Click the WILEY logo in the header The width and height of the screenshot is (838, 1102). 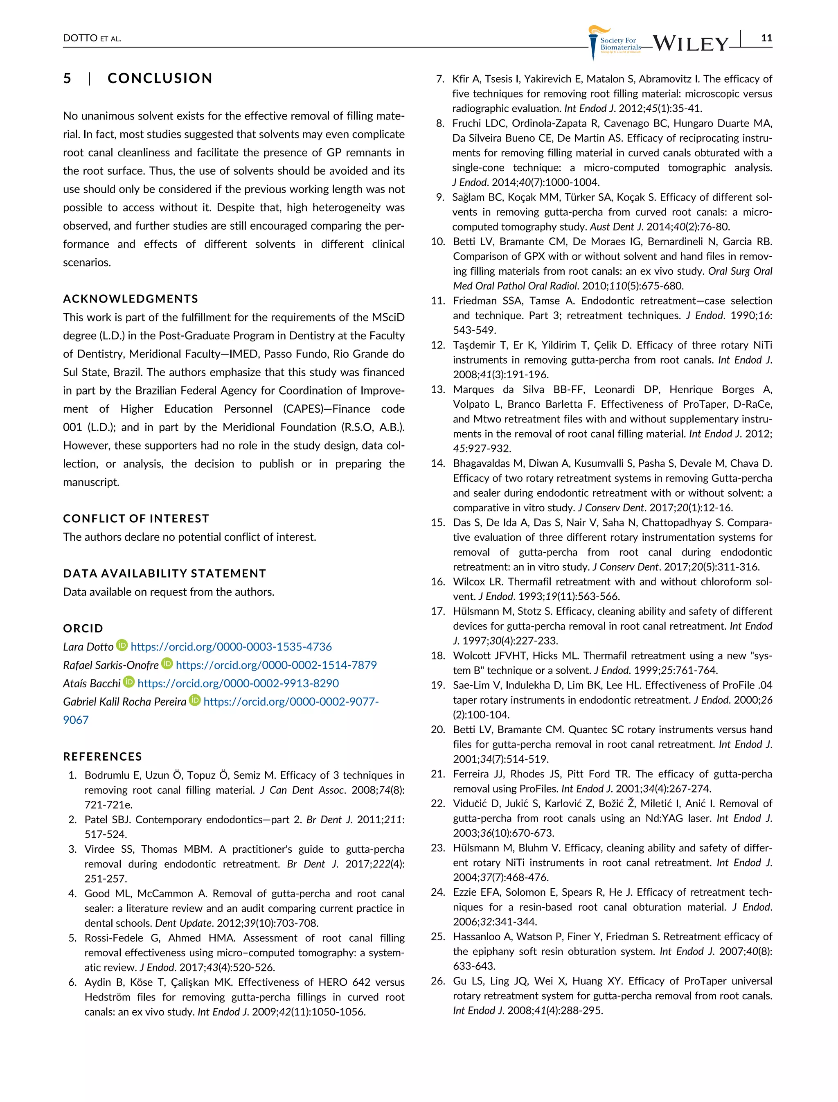[690, 44]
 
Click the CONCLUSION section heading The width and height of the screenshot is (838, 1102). [160, 78]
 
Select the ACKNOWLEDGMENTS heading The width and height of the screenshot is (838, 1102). [131, 299]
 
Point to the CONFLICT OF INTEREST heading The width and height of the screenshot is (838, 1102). [136, 519]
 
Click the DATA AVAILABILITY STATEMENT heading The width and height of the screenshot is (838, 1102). [164, 574]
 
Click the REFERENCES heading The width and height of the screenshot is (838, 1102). [103, 756]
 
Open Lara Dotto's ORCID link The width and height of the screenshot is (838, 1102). [231, 647]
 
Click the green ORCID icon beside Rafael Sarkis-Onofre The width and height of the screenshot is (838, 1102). [167, 664]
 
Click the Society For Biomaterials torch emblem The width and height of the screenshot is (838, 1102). [594, 43]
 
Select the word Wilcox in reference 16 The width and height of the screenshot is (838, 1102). [469, 581]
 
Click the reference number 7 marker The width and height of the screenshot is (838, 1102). [439, 79]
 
